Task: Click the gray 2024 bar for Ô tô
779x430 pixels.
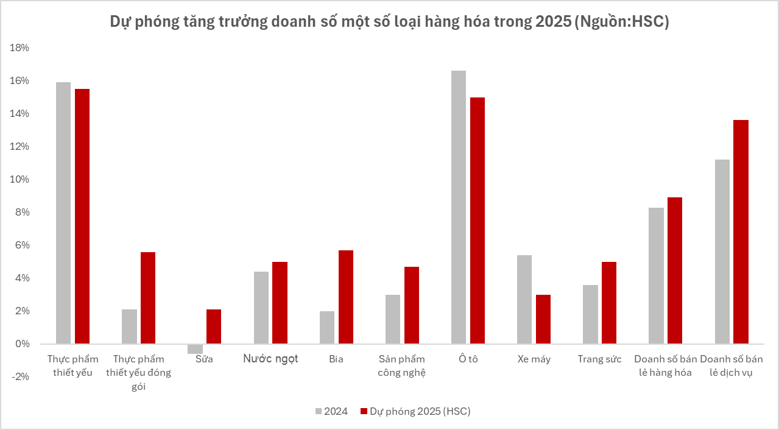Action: pos(459,207)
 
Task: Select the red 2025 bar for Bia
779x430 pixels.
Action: pos(346,297)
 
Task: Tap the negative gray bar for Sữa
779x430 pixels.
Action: pos(195,349)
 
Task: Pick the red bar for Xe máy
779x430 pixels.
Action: pos(543,319)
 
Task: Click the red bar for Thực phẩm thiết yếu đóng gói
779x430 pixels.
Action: pos(148,298)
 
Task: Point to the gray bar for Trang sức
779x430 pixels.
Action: pos(590,314)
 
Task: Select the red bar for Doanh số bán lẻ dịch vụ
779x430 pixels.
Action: pos(741,231)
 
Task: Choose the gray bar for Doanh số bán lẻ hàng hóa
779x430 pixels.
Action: pos(656,275)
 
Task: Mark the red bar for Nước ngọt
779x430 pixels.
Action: pos(280,303)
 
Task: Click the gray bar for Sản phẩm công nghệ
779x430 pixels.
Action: pos(393,319)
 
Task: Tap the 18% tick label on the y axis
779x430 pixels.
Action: pos(20,48)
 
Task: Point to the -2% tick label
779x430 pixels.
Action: pos(20,377)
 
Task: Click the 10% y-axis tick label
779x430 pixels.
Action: pos(20,180)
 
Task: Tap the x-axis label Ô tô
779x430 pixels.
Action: pos(468,359)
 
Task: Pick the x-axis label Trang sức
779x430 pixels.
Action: pos(599,359)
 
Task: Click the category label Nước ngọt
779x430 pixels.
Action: pos(270,359)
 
